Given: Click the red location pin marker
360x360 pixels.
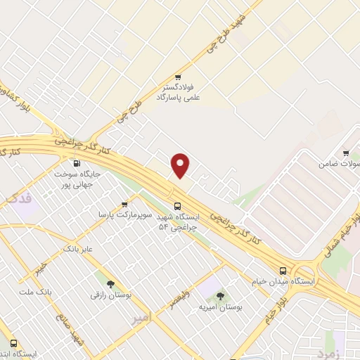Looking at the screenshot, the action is [181, 165].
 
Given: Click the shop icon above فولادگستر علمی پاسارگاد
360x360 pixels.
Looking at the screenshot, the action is [179, 77].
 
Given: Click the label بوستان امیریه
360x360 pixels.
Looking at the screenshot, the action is [220, 307].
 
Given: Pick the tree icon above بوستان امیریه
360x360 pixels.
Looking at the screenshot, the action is [220, 296].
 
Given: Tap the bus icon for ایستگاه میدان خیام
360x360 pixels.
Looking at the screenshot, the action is [283, 270].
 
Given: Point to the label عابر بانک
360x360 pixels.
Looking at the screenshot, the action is [78, 249].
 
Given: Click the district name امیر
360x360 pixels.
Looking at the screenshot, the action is [141, 318].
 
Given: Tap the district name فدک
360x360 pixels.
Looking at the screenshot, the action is [19, 200].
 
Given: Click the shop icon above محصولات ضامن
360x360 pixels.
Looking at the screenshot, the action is [346, 153].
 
